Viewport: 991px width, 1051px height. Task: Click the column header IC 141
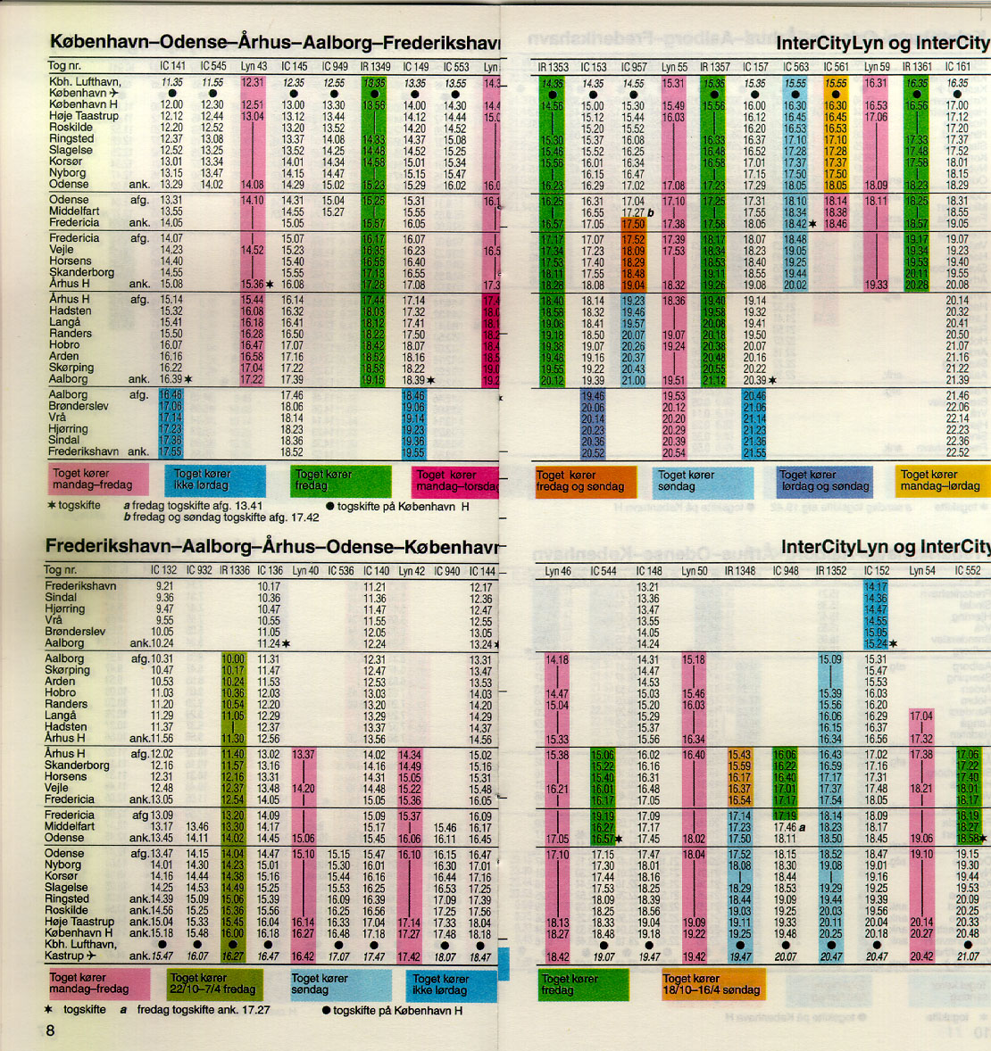click(x=172, y=66)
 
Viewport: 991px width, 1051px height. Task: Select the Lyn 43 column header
click(x=254, y=66)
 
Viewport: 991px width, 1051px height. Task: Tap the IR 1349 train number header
click(x=375, y=66)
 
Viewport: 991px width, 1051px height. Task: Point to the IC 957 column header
click(x=634, y=67)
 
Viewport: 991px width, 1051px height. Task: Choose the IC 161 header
click(x=957, y=67)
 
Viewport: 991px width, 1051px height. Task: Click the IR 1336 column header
click(x=234, y=570)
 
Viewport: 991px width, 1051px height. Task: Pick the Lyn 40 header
click(x=305, y=570)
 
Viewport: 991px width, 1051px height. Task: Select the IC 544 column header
click(x=604, y=571)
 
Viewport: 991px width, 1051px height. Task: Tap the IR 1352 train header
click(x=830, y=571)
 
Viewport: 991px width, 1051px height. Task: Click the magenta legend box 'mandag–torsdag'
click(x=456, y=481)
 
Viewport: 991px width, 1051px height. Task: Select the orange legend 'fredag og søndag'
click(x=585, y=481)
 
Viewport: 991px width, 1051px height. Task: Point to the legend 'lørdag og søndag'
click(x=824, y=480)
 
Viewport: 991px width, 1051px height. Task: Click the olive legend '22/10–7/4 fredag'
click(x=213, y=983)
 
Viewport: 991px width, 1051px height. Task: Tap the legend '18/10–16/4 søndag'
click(x=712, y=984)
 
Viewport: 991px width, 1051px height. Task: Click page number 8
click(x=50, y=1030)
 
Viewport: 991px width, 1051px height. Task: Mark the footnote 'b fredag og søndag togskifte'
click(x=221, y=517)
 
